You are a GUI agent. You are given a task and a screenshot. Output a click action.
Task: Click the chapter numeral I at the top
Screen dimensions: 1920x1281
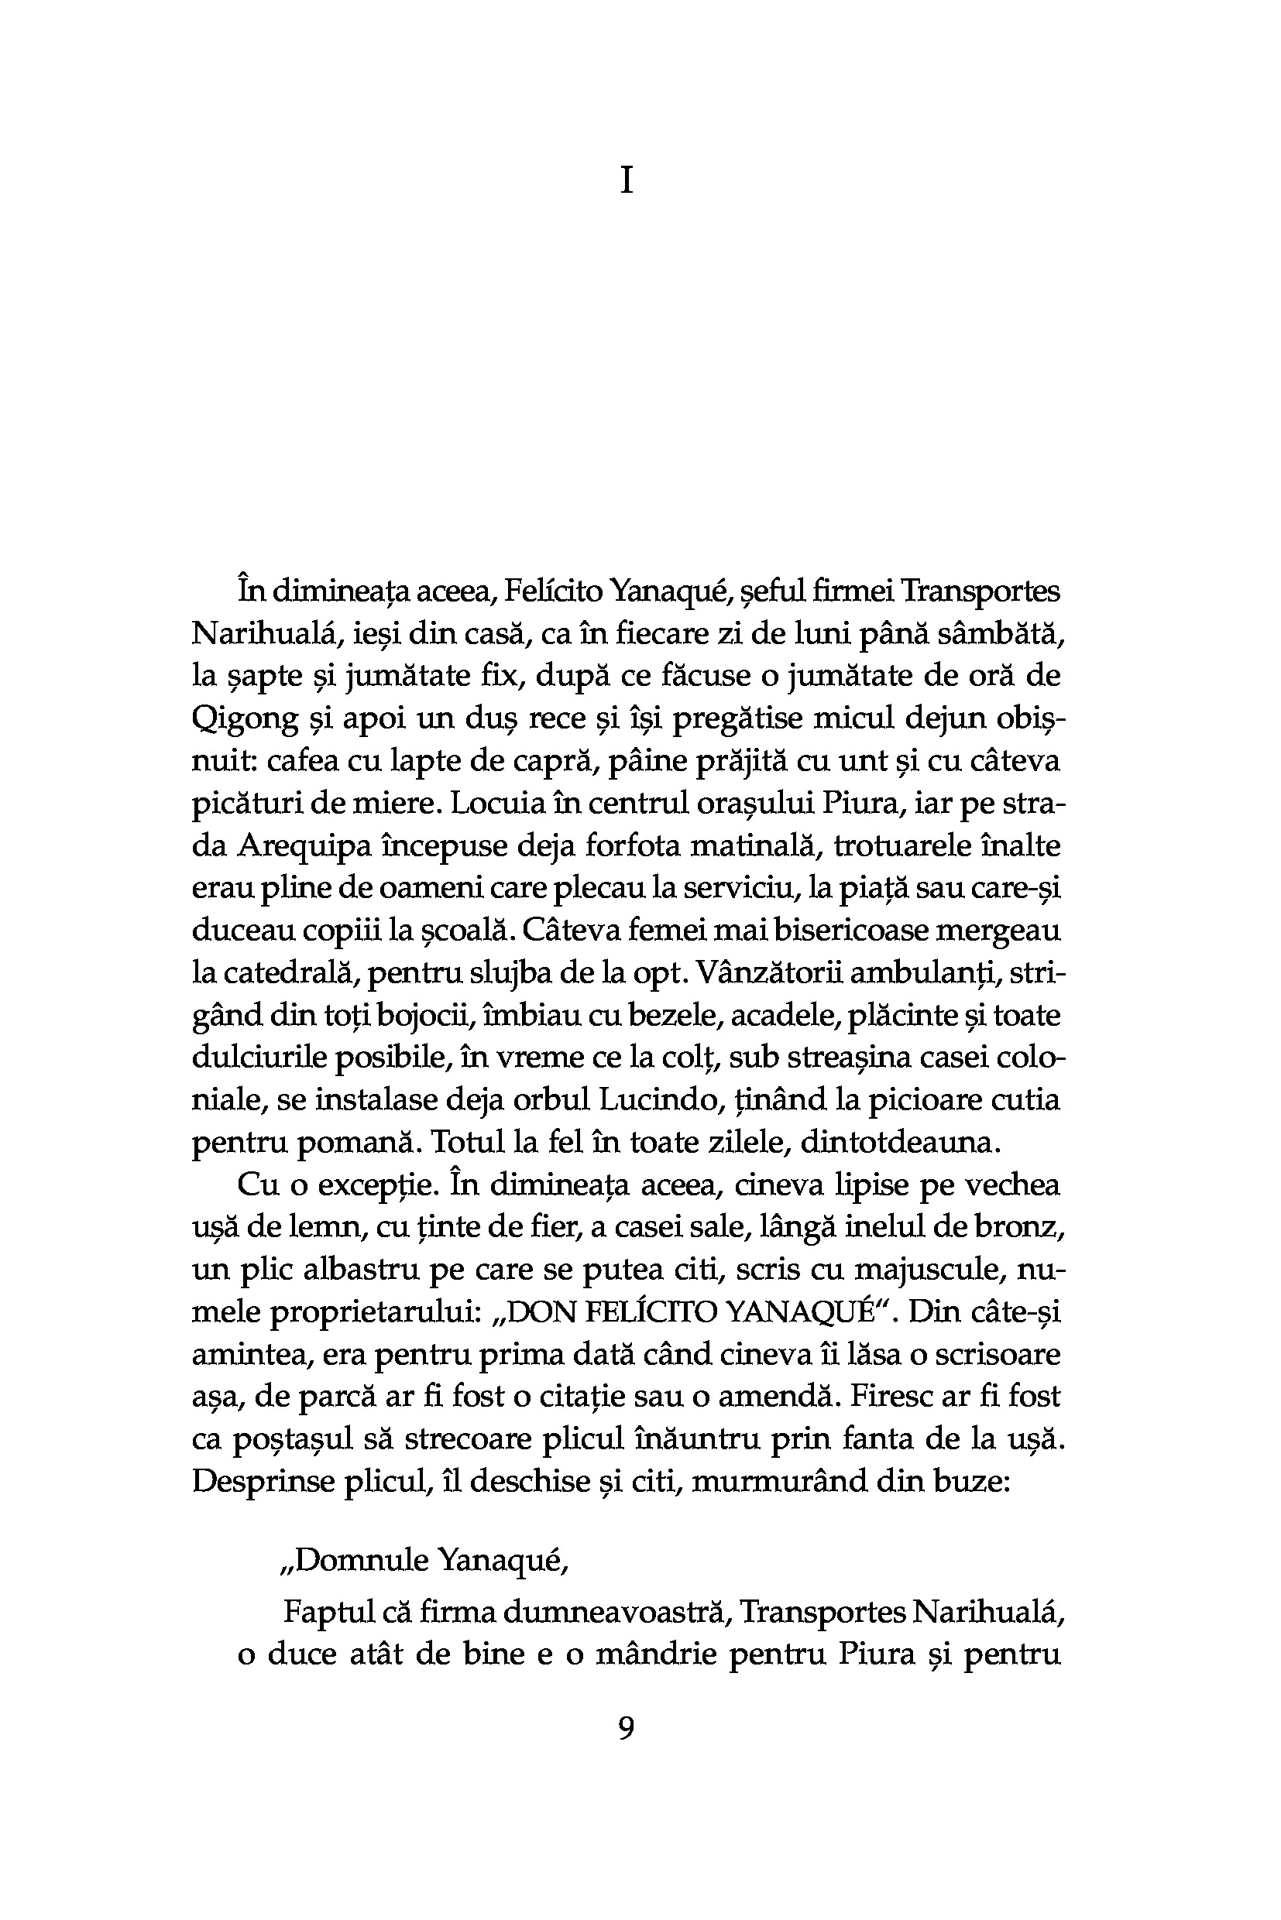pos(627,180)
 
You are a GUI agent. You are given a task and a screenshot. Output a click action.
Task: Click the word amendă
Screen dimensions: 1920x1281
pos(777,1397)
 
